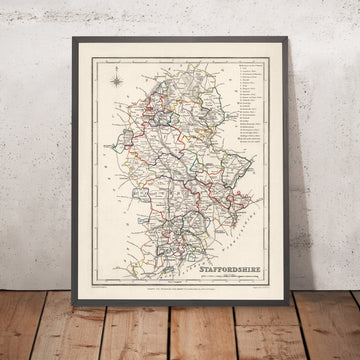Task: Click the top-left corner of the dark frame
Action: (77, 36)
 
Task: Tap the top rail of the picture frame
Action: (180, 38)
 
